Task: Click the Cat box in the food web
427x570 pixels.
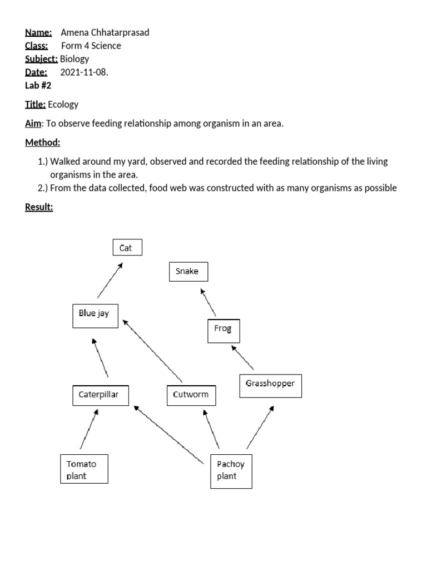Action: (x=127, y=248)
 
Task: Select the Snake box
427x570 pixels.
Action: (x=188, y=272)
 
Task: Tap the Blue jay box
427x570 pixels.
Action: (x=95, y=315)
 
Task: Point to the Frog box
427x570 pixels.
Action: (x=223, y=330)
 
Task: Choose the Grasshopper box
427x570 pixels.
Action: (x=270, y=385)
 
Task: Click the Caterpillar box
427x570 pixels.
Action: (x=100, y=395)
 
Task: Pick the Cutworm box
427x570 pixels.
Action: (x=191, y=395)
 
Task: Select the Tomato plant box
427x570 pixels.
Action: (x=83, y=469)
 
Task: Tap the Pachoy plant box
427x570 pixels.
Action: (x=231, y=471)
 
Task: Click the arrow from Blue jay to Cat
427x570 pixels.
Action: (x=110, y=281)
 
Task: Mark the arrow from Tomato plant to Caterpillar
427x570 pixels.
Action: (x=90, y=429)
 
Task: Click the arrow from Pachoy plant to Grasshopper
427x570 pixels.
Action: (x=260, y=427)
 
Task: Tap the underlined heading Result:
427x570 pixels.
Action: (x=39, y=208)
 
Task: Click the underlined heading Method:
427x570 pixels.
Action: (x=43, y=143)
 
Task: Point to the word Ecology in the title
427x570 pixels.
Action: (x=63, y=104)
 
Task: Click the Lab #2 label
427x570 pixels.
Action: (x=38, y=85)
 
